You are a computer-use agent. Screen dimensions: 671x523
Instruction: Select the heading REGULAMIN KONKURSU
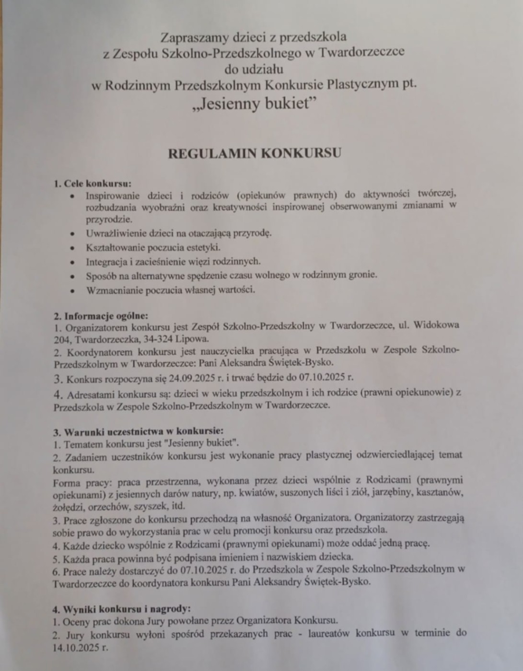pos(254,153)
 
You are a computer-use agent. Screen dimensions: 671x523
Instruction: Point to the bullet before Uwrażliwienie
pos(72,234)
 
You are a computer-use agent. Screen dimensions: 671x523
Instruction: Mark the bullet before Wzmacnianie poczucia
pos(72,290)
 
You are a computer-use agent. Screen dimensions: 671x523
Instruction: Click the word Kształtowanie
pos(111,248)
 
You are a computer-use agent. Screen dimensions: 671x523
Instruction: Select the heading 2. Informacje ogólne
pos(101,316)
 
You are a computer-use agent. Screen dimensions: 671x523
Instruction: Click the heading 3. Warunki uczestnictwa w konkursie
pos(138,431)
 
